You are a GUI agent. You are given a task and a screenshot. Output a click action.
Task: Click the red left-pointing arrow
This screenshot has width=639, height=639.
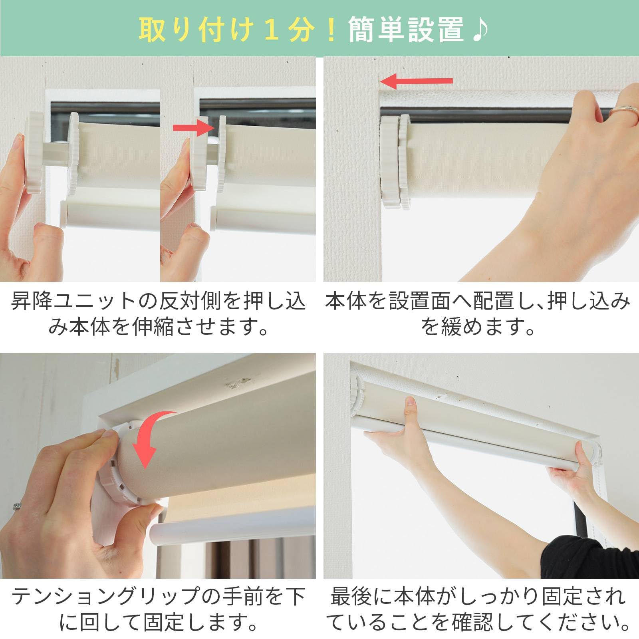point(415,81)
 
